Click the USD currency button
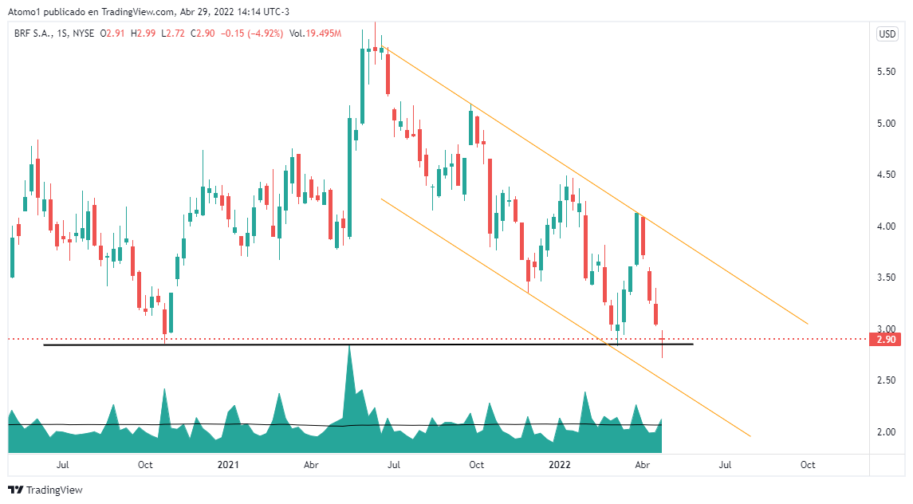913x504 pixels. [x=887, y=33]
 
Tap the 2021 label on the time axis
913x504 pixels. [x=228, y=464]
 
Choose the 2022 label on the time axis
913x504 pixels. [x=561, y=464]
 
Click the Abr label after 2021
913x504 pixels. [x=311, y=464]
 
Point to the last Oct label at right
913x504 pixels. [x=807, y=464]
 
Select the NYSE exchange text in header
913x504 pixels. [x=82, y=33]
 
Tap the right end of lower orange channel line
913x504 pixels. [x=750, y=435]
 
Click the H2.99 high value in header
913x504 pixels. [x=144, y=33]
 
